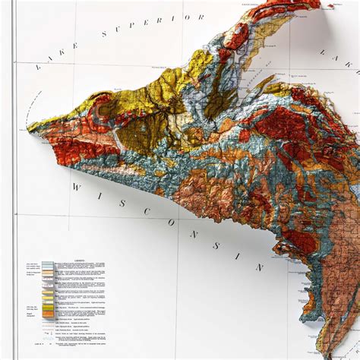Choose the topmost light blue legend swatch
click(x=49, y=266)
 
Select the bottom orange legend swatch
click(x=49, y=311)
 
